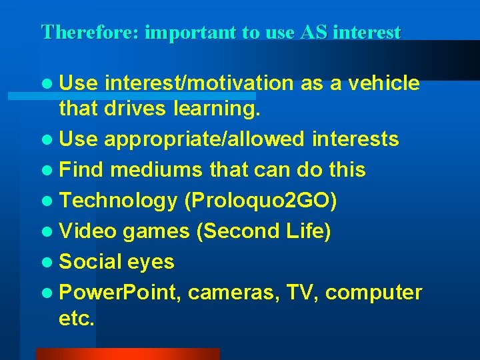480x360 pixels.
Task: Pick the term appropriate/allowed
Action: [x=203, y=139]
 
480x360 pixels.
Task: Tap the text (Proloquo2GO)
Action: [x=261, y=200]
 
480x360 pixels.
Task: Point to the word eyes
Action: [x=151, y=262]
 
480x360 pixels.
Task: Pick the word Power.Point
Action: [x=121, y=293]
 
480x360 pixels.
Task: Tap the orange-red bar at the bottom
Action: [x=127, y=354]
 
